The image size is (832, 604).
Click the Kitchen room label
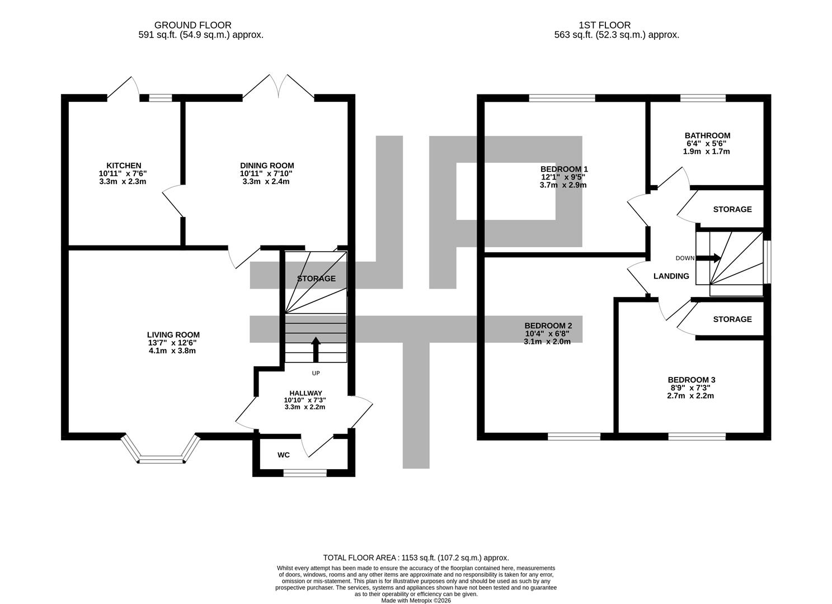pos(124,166)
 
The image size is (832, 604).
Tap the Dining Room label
pos(267,166)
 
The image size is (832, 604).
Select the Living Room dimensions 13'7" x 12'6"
pos(172,343)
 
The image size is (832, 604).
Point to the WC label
pos(284,455)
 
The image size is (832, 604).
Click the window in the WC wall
pos(305,473)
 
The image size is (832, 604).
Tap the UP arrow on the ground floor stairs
pos(316,350)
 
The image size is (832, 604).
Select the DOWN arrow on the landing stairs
pos(712,258)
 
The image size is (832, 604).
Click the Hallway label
pos(305,393)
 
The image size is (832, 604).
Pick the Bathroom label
pos(707,135)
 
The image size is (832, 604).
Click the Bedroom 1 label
pos(564,169)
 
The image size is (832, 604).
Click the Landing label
pos(671,276)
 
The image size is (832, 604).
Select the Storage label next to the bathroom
pos(732,209)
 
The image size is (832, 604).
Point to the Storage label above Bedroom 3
pos(732,319)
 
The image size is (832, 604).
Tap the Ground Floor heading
pos(192,25)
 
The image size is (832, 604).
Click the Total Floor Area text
pos(416,558)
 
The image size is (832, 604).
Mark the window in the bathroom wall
pos(703,98)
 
